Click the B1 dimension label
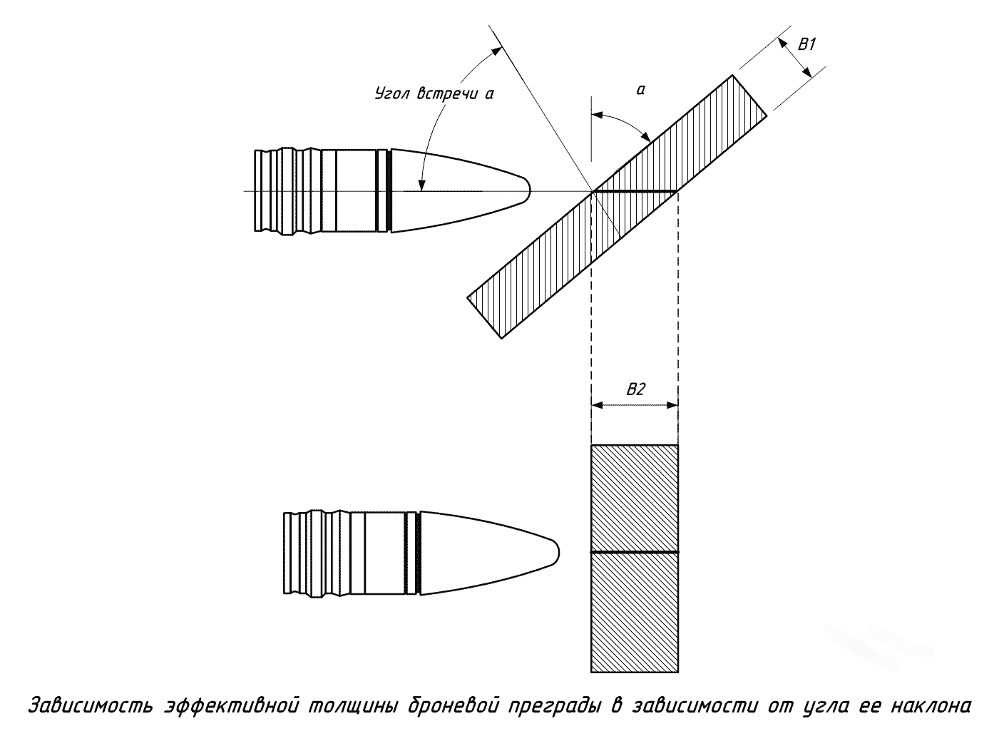806,44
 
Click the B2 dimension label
635,389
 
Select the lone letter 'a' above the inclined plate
640,89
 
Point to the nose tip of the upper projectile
528,190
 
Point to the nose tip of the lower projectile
558,553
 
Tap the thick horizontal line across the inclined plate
634,191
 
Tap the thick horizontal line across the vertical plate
634,553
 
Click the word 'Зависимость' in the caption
91,707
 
